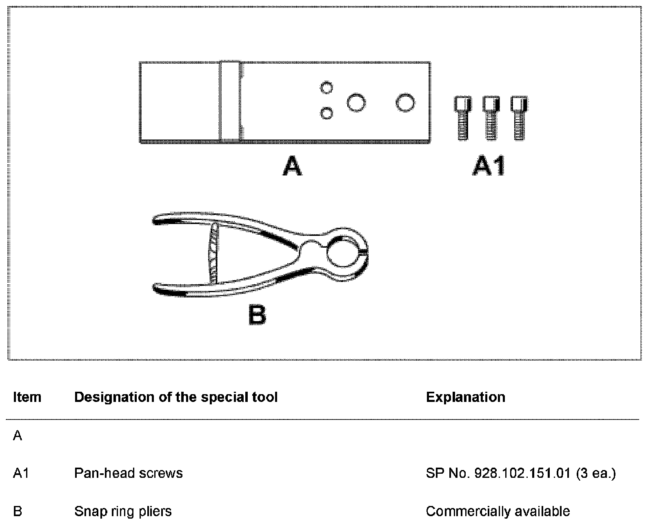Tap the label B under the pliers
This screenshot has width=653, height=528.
(x=257, y=315)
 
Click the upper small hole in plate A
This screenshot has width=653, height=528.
(x=326, y=87)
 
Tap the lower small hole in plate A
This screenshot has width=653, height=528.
(x=326, y=113)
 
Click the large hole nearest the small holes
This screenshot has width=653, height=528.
(x=356, y=102)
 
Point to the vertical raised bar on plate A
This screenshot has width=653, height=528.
(x=229, y=102)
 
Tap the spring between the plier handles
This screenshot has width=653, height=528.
(x=213, y=253)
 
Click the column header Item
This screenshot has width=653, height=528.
(x=27, y=397)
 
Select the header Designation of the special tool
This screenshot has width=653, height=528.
(x=176, y=397)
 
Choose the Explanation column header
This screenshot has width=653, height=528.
(x=465, y=397)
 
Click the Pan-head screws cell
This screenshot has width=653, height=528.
(x=128, y=473)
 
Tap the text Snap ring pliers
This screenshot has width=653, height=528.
(x=123, y=511)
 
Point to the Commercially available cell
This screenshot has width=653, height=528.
(x=498, y=511)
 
